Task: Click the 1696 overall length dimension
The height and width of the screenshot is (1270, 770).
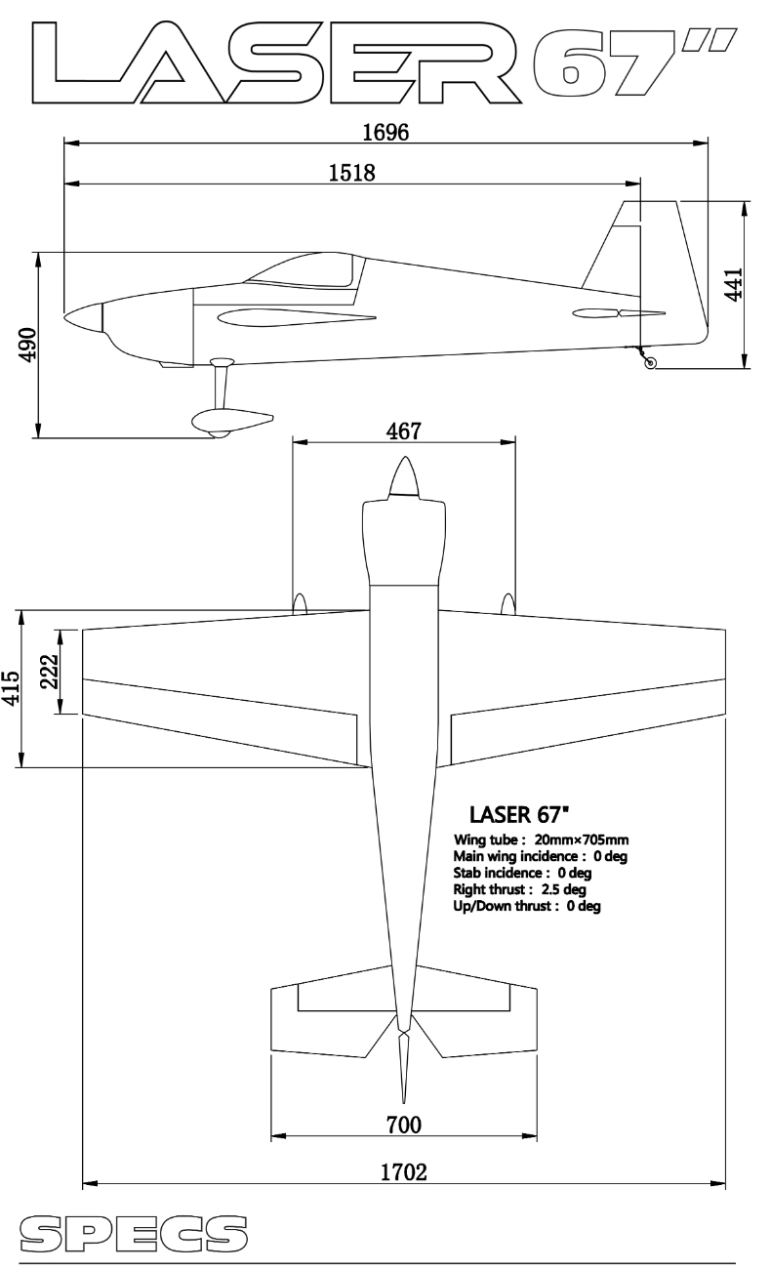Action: (385, 132)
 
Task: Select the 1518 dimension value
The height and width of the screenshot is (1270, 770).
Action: (352, 173)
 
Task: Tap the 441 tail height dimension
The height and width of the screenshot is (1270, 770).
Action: (734, 284)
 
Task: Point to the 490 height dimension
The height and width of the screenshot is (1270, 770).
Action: (27, 345)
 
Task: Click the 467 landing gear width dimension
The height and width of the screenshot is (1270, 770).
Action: (404, 431)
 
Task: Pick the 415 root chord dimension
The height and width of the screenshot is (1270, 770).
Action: (11, 688)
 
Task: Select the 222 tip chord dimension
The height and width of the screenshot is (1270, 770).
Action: (50, 672)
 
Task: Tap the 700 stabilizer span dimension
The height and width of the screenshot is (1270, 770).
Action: (404, 1125)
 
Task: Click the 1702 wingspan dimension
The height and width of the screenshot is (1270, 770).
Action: (403, 1172)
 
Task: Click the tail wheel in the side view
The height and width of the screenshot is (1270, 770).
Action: (651, 363)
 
